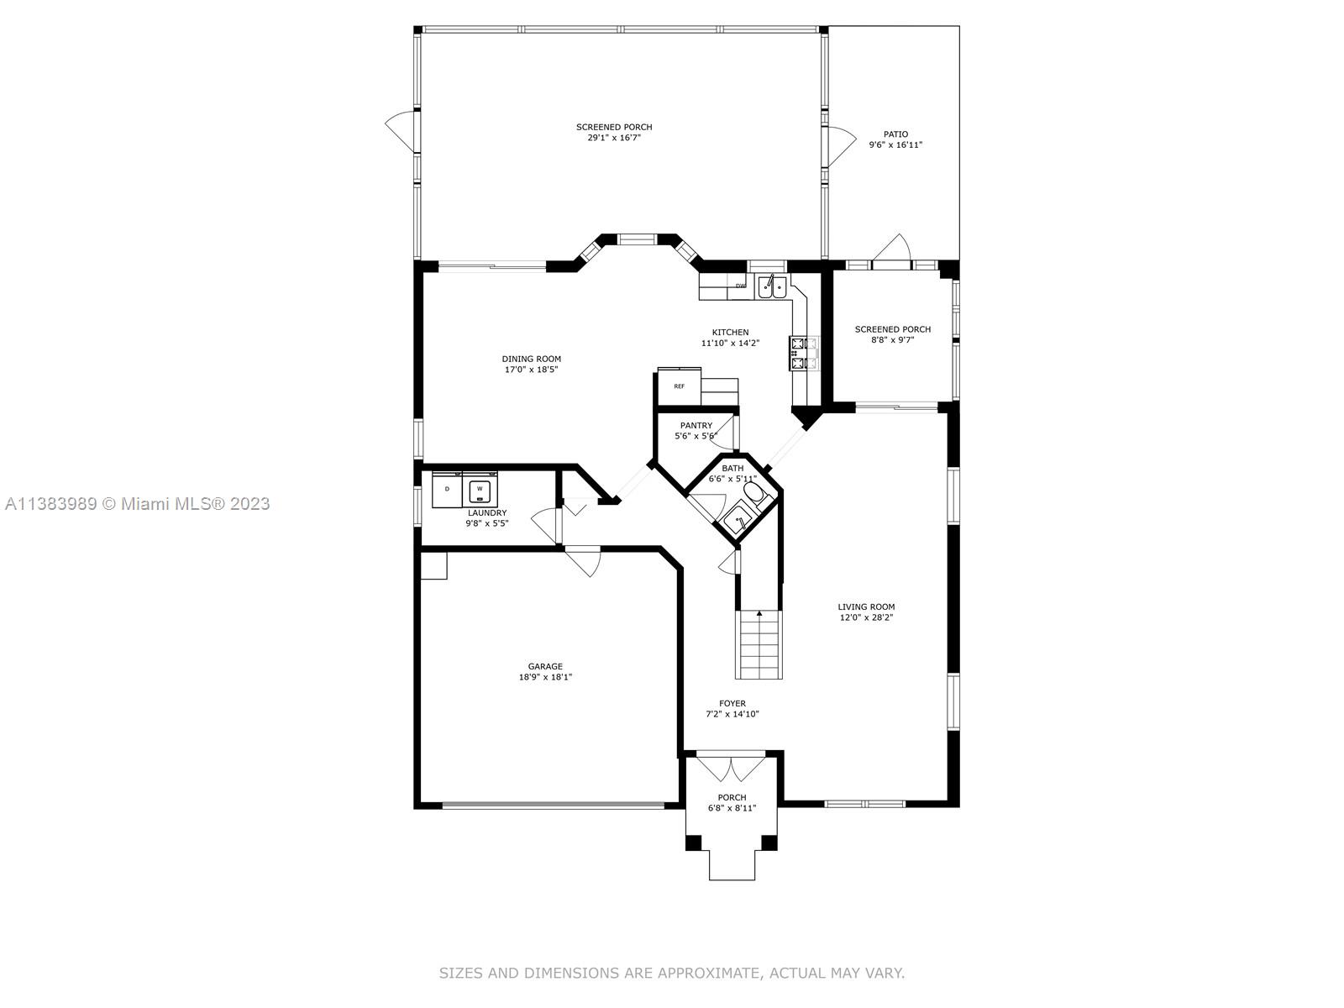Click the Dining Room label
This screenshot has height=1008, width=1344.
click(531, 359)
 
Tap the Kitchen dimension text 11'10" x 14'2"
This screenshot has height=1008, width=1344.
click(730, 344)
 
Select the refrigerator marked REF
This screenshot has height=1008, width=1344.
click(679, 386)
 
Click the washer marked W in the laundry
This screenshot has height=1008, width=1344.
click(480, 490)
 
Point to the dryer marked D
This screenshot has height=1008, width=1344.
click(447, 490)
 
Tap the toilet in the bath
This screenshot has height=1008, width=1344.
click(755, 494)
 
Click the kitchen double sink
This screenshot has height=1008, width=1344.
click(771, 286)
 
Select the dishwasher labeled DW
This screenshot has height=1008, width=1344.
click(740, 286)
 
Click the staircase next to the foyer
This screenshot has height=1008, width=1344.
click(759, 644)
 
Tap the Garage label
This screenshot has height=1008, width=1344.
click(545, 666)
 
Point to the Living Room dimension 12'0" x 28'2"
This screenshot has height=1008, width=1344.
click(866, 617)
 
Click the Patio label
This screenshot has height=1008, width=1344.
click(895, 134)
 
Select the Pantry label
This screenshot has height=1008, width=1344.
click(696, 425)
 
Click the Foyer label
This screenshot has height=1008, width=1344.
click(732, 704)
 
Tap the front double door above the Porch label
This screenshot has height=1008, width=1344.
click(731, 769)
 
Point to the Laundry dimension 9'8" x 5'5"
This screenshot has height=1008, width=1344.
click(486, 523)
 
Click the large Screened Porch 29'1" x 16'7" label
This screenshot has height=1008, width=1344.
click(614, 132)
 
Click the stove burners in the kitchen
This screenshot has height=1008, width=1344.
click(798, 353)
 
